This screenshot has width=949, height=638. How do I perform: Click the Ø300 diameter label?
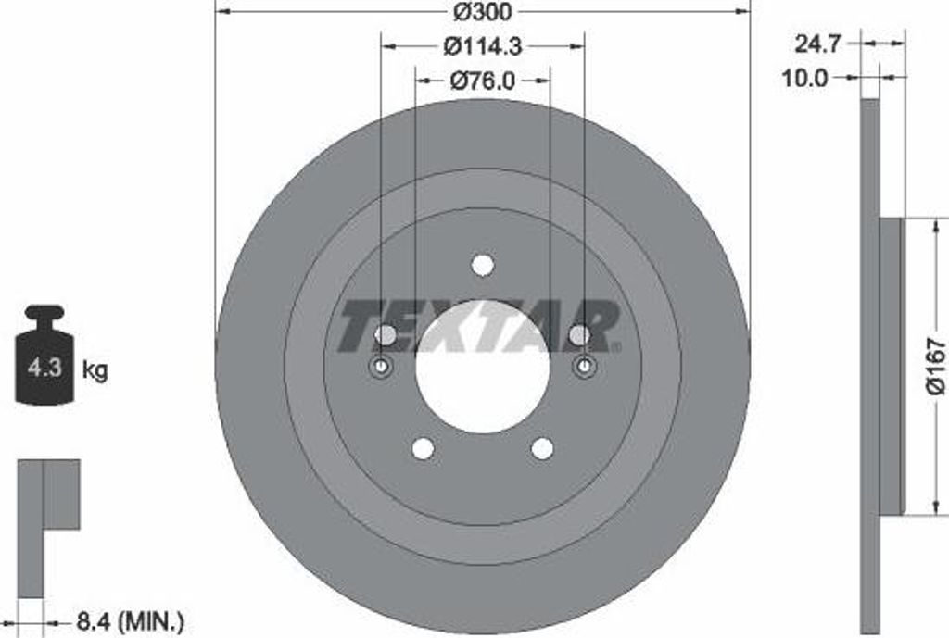(x=482, y=12)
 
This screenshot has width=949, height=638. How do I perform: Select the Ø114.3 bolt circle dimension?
(x=483, y=44)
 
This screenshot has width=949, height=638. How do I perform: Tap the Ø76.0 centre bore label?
(x=482, y=81)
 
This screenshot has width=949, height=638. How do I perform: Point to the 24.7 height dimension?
(x=818, y=43)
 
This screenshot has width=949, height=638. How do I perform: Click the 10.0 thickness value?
(x=804, y=79)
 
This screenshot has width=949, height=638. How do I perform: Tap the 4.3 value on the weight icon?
(x=44, y=369)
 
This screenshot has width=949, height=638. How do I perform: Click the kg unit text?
(x=95, y=371)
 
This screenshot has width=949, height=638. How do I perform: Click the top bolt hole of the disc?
(x=482, y=265)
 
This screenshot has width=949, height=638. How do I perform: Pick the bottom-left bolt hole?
(x=423, y=448)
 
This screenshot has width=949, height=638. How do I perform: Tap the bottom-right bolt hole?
(x=542, y=448)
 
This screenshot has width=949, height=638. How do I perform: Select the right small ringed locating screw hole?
(x=584, y=368)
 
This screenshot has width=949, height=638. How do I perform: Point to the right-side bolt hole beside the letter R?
(x=578, y=333)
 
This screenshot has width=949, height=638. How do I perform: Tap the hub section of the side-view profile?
(x=890, y=366)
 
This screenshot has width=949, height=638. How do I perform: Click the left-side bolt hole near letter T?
(x=386, y=333)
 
